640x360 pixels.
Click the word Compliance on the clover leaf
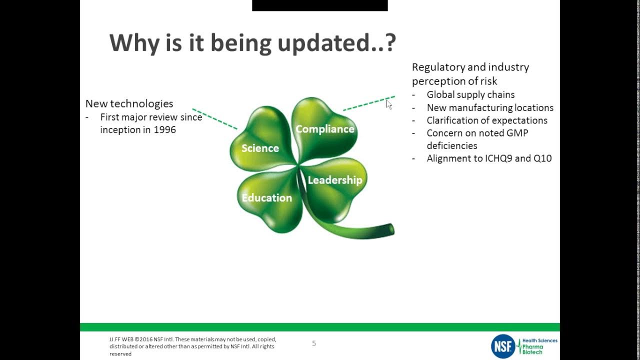[x=325, y=129]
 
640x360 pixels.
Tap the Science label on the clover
[x=260, y=148]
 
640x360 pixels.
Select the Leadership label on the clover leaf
[x=335, y=180]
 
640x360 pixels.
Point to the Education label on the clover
[x=267, y=197]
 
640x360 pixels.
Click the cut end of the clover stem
[x=391, y=229]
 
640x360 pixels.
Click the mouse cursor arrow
[x=389, y=104]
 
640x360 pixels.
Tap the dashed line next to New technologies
[x=215, y=118]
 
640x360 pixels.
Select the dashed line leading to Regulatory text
[x=369, y=103]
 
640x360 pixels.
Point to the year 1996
[x=165, y=129]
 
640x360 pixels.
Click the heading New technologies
[x=129, y=103]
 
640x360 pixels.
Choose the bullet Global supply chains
[x=470, y=94]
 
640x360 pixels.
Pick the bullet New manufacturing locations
[x=490, y=107]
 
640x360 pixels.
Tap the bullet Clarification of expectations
[x=487, y=120]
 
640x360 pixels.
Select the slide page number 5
[x=314, y=343]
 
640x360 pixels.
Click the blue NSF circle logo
[x=503, y=346]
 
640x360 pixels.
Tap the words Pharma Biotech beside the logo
[x=533, y=349]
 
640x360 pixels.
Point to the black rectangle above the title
[x=319, y=5]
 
